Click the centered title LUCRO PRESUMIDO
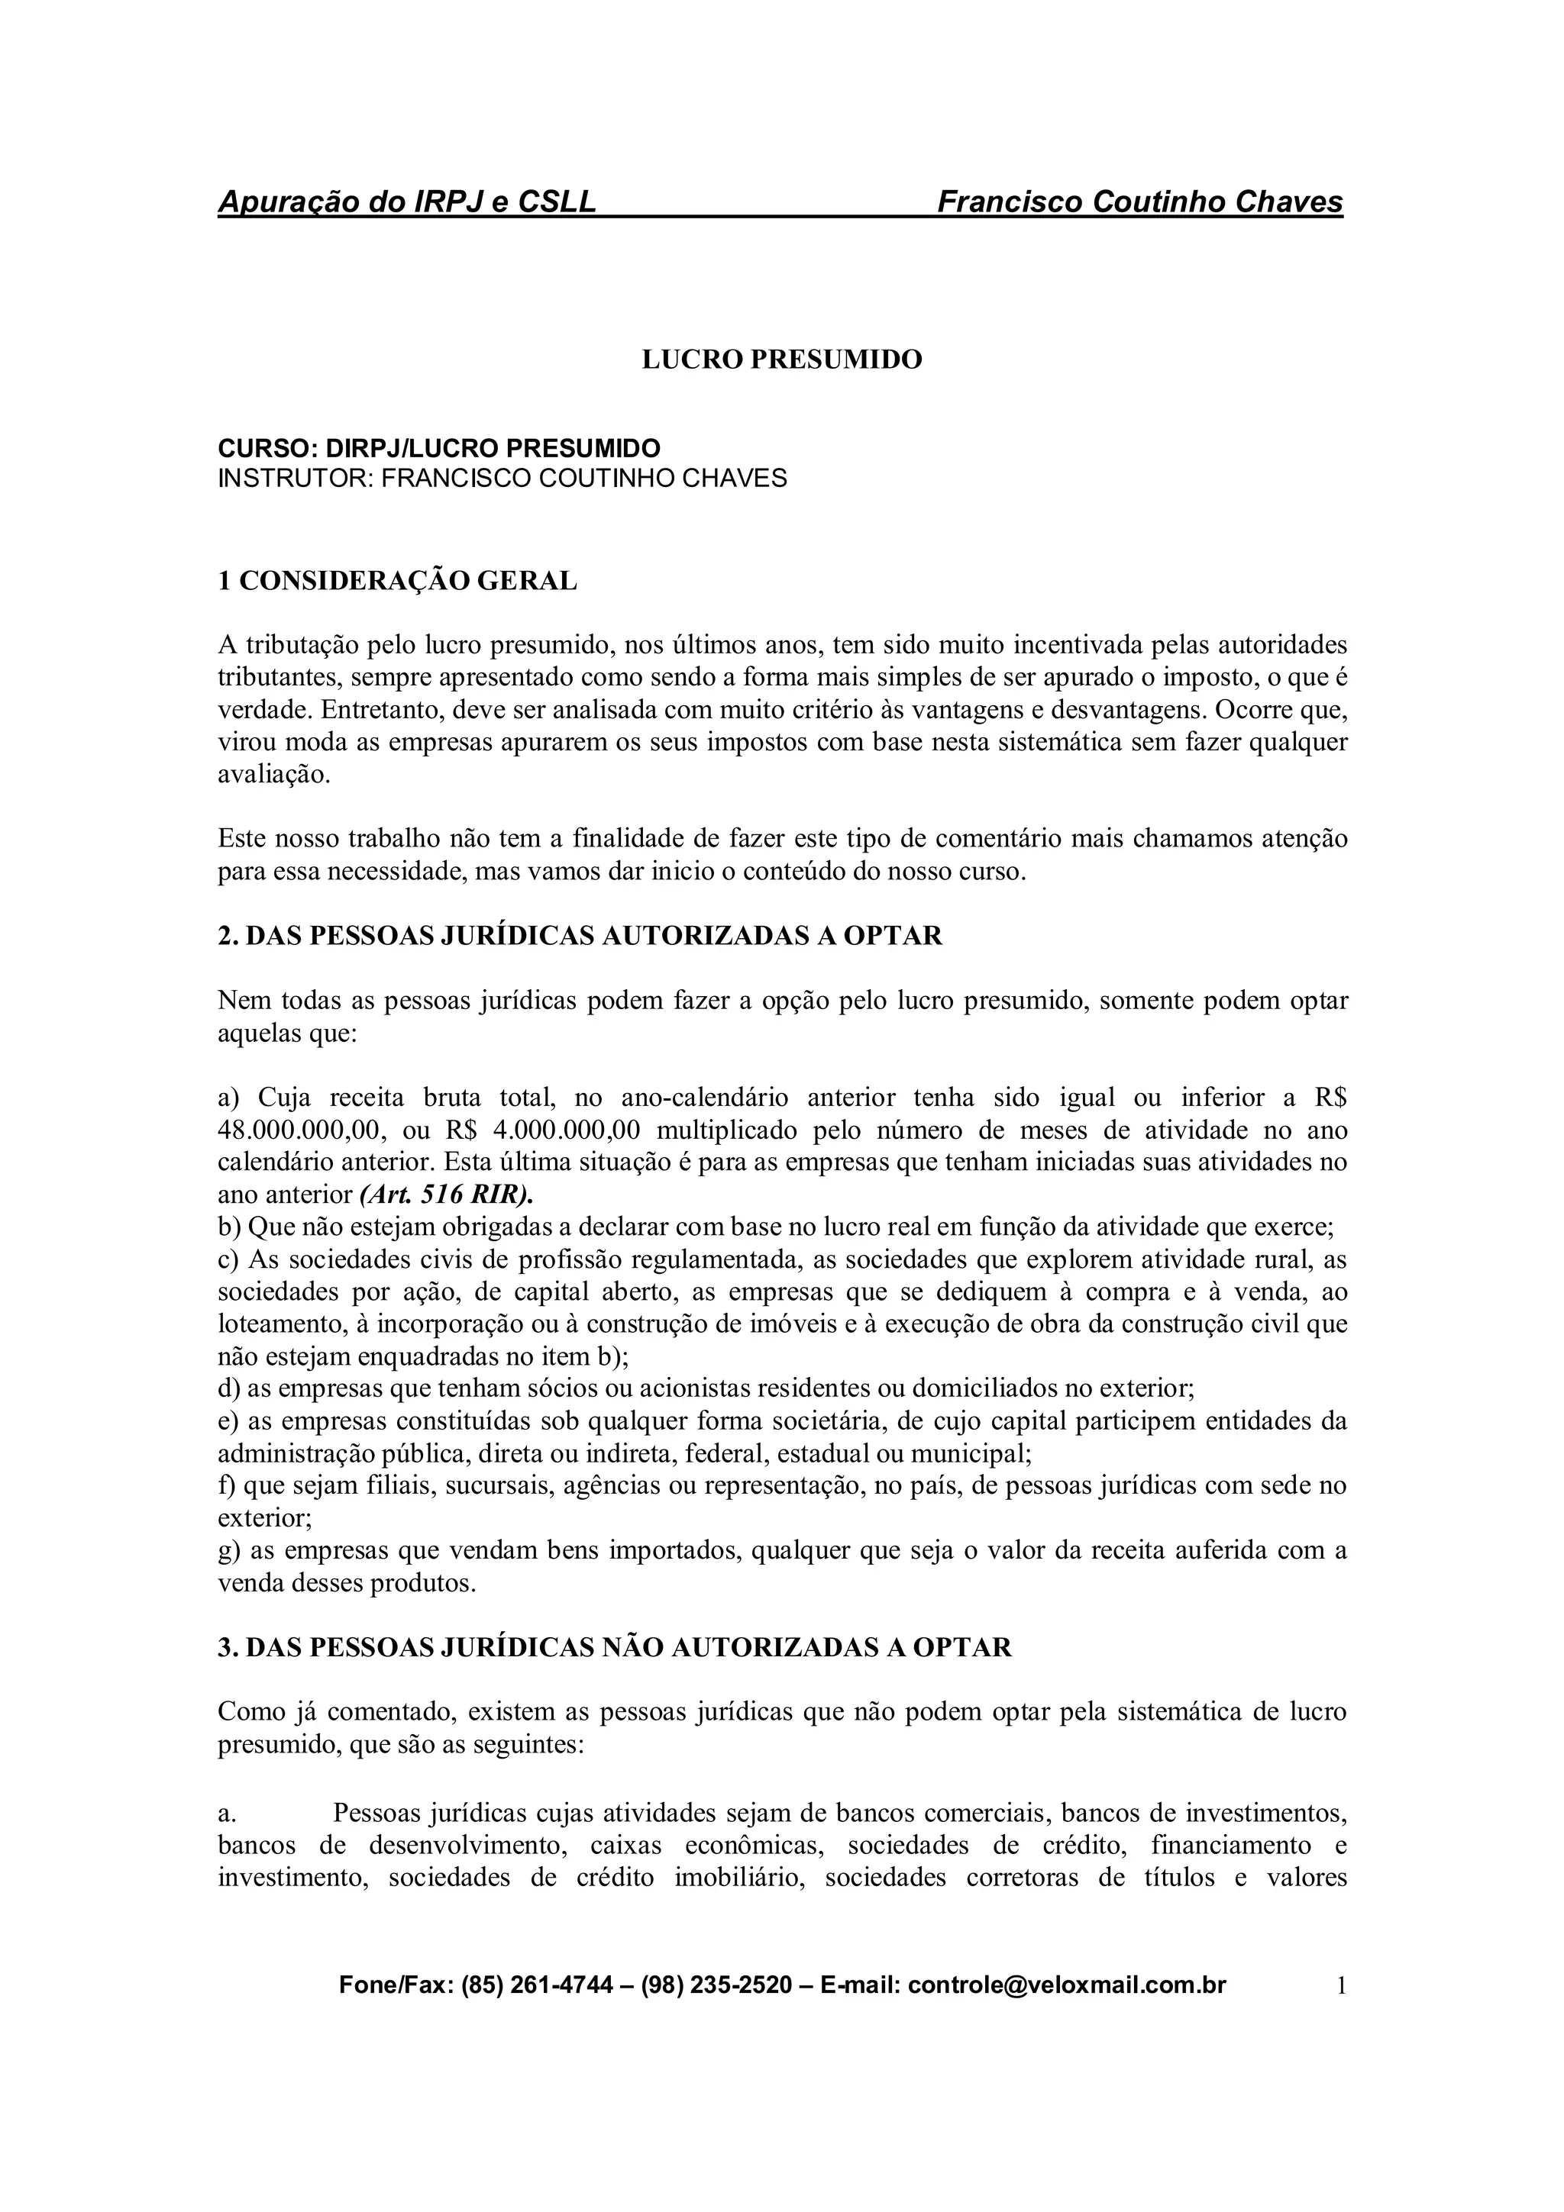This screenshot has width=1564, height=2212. (x=781, y=360)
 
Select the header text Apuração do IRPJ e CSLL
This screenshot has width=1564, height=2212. (x=407, y=202)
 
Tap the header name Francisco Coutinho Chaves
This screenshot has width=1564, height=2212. (x=1139, y=202)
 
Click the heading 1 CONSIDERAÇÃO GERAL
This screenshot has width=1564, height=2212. (x=397, y=581)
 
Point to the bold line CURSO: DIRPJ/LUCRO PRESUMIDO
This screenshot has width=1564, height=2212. (x=438, y=448)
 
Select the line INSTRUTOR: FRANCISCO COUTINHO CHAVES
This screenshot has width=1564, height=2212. (x=501, y=478)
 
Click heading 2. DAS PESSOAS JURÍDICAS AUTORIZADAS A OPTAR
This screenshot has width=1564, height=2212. (x=580, y=936)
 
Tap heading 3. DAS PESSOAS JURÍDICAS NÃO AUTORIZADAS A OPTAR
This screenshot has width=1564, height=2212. (x=615, y=1647)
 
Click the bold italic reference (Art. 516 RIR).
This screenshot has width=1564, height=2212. (x=446, y=1195)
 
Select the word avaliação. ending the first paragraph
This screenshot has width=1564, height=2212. (x=273, y=775)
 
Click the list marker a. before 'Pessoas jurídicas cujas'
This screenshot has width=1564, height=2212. (x=227, y=1813)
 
